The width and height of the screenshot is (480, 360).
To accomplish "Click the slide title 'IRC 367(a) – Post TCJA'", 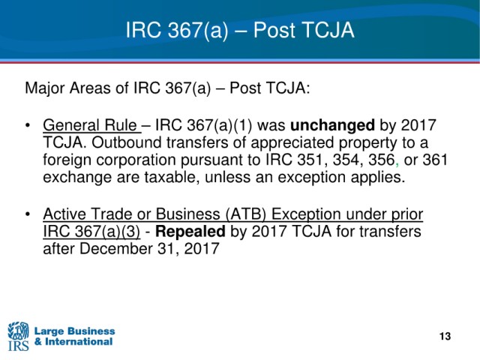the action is [x=240, y=30].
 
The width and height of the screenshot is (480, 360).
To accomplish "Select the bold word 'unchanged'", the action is [x=332, y=125].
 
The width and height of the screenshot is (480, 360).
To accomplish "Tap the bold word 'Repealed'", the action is [x=190, y=232].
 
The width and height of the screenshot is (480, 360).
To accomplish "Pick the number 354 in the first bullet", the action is [x=346, y=160].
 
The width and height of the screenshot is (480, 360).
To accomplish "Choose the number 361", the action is [x=435, y=160].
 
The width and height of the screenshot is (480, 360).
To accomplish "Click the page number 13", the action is [x=445, y=336].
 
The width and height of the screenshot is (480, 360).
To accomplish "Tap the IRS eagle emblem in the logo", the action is [x=18, y=331].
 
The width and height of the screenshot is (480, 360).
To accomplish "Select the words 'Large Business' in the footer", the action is [x=75, y=331].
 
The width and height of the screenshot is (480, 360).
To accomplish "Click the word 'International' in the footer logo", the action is [x=79, y=342].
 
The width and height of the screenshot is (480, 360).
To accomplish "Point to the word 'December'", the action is [x=116, y=248].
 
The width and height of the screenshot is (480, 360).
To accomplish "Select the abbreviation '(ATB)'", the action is [x=246, y=214].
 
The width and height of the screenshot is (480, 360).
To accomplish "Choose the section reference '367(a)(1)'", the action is [x=220, y=125].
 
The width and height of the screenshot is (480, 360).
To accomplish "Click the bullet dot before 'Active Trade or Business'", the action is [x=28, y=214].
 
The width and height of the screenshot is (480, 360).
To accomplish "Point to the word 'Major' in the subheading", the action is [x=45, y=88].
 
